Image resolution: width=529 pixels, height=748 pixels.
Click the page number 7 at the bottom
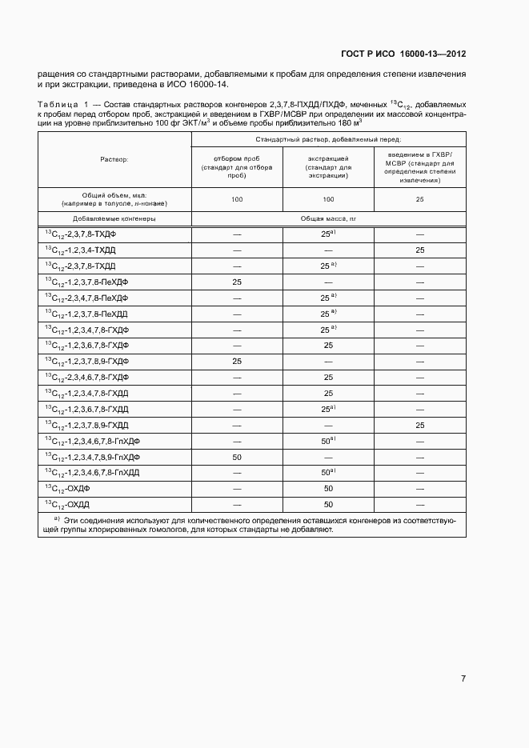[463, 679]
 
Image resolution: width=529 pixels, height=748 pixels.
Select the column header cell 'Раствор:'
[114, 160]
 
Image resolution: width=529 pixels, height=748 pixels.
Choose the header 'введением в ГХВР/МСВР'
[419, 164]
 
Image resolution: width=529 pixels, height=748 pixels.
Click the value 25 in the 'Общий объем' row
[419, 199]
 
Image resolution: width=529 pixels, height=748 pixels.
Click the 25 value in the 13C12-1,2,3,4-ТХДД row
[419, 251]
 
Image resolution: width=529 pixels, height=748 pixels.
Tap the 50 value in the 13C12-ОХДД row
[328, 505]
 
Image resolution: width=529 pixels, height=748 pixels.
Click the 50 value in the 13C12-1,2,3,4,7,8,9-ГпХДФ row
[237, 457]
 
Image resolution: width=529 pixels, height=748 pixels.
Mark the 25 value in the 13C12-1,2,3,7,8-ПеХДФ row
[237, 282]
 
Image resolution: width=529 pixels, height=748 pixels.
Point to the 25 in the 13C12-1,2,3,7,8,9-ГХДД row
[419, 426]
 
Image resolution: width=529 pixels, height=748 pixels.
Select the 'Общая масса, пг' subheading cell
[328, 218]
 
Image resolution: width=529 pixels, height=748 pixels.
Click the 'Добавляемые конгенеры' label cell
[114, 218]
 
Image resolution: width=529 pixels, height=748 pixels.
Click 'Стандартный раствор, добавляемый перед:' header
[328, 139]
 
